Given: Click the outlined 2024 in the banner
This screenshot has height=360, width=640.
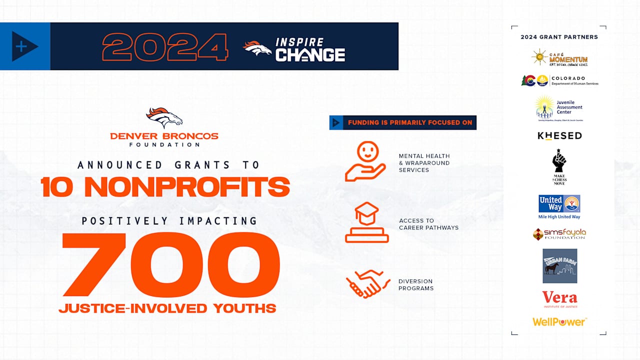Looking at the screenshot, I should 165,46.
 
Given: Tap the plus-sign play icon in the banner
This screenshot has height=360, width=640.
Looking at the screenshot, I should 24,46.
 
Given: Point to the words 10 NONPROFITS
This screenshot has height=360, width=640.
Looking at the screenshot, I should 165,187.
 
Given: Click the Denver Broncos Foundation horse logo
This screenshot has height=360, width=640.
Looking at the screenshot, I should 164,118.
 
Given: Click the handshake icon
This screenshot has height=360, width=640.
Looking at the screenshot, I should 367,284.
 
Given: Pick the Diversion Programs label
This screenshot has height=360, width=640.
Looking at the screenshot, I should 415,284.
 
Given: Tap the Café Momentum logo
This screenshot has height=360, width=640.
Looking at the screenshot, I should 559,57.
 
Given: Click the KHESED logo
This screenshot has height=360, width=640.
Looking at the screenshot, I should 559,135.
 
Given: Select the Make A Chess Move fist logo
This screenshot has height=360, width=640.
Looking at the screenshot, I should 559,166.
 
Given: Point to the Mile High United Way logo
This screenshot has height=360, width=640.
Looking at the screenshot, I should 559,206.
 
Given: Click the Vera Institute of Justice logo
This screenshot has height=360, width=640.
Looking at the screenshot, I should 559,299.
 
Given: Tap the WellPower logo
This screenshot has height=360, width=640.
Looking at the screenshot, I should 559,322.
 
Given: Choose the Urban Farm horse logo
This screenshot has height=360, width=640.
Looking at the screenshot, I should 559,265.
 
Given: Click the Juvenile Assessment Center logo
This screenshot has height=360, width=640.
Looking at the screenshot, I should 559,108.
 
